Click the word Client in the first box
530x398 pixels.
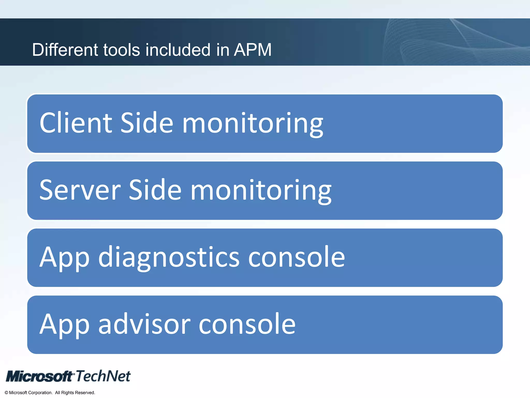76,123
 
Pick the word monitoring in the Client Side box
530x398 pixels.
253,124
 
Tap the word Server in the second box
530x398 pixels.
80,190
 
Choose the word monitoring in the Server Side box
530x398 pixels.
261,191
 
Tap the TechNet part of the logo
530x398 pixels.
103,376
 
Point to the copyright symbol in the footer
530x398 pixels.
6,393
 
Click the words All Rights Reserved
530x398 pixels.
75,393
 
